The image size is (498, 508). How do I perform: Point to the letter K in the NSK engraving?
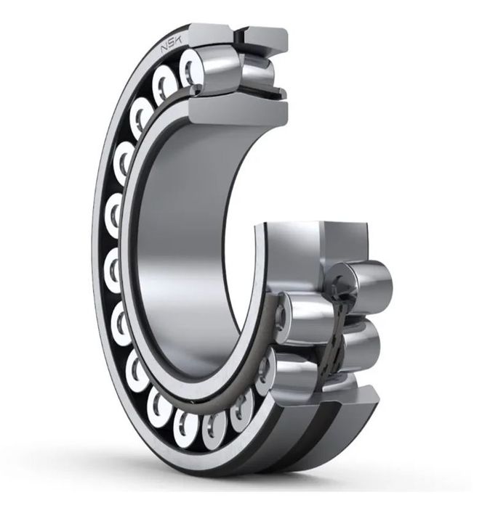[179, 40]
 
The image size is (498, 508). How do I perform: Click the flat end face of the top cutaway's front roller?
[190, 69]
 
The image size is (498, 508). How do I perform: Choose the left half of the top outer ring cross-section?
[211, 34]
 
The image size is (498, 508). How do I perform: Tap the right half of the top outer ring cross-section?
[266, 39]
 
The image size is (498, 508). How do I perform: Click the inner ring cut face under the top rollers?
[238, 112]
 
